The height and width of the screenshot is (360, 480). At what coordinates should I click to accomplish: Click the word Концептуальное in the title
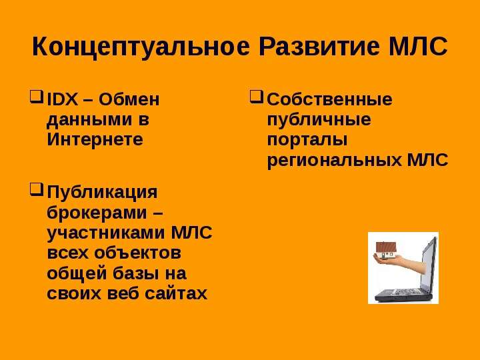coord(141,47)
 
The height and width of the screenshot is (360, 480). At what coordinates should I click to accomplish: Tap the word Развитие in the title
coord(319,47)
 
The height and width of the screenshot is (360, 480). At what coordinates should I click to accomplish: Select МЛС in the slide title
coord(418,47)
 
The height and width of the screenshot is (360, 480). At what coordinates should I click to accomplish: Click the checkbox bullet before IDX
coord(37,97)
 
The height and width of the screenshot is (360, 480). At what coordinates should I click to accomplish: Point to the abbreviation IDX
coord(63,99)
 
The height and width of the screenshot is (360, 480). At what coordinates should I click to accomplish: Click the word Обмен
coord(129,99)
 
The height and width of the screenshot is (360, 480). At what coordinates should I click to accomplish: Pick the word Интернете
coord(95,139)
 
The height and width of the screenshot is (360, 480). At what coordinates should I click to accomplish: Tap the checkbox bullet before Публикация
coord(37,189)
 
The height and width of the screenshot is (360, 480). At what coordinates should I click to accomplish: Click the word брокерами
coord(97,213)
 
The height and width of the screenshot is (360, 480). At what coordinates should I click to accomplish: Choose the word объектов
coord(137,253)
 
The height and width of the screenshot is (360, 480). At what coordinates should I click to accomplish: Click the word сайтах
coord(176,293)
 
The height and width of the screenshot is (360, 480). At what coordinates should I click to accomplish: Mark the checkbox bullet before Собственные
coord(257,97)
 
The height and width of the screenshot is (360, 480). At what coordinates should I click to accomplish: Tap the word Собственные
coord(329,99)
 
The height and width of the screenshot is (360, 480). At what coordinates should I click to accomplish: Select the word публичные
coord(319,120)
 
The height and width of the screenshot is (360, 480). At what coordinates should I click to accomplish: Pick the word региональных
coord(334,161)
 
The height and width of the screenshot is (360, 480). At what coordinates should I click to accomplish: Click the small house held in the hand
coord(386,249)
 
